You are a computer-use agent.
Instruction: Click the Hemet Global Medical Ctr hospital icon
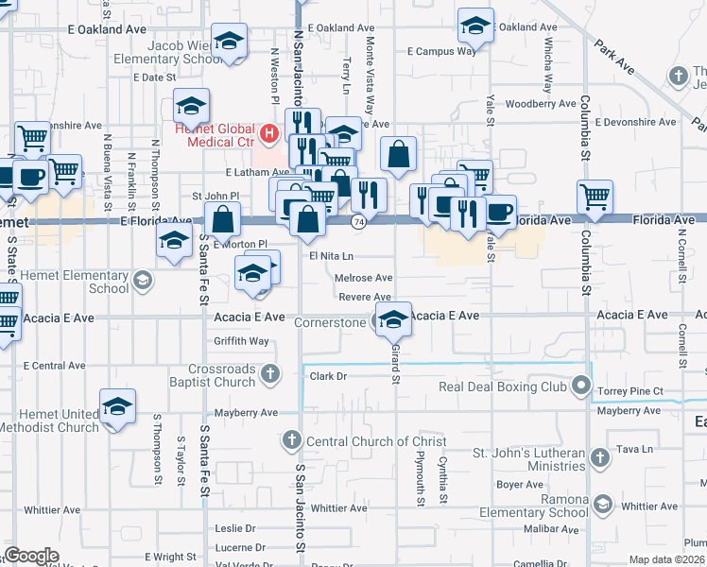pos(269,132)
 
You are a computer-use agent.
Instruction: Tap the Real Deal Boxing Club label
pos(502,387)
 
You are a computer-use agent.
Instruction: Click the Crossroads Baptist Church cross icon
pos(270,373)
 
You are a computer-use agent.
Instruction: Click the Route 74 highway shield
pos(358,221)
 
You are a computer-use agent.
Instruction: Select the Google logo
pos(31,556)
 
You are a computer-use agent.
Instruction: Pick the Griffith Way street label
pos(241,341)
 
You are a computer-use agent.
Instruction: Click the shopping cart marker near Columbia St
pos(595,197)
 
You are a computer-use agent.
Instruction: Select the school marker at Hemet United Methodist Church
pos(117,407)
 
